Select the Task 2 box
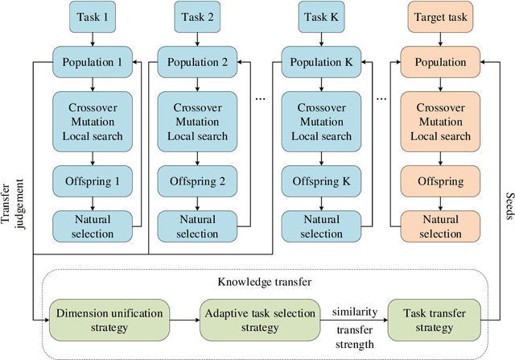(198, 16)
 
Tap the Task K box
(322, 16)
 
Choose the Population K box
(322, 61)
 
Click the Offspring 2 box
(198, 181)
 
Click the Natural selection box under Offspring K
(322, 226)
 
